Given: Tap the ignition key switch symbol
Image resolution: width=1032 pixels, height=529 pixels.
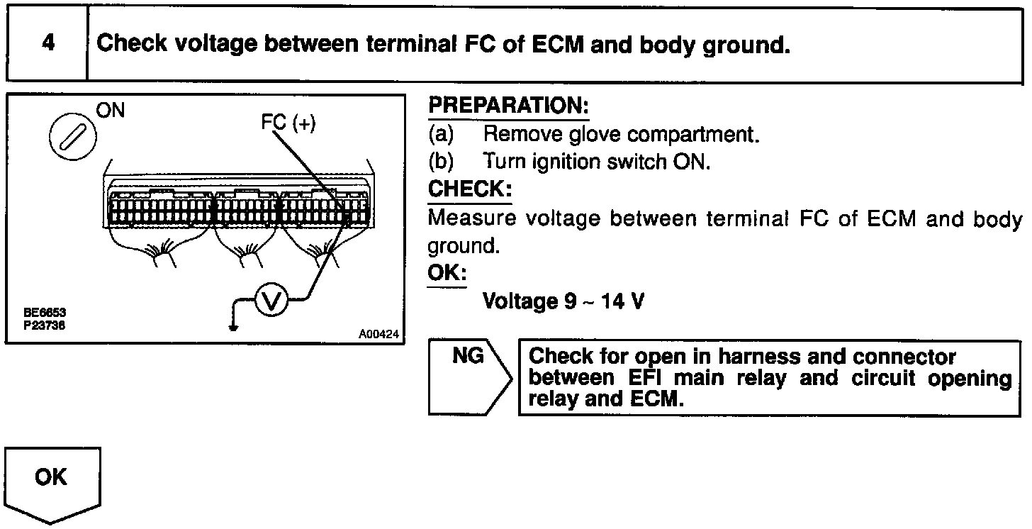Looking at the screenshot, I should [73, 134].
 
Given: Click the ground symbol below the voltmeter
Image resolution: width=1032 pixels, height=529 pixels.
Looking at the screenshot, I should [232, 326].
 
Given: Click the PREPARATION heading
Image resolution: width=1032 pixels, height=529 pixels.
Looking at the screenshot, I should [508, 107].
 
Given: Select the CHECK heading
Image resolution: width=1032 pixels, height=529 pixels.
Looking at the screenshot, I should [469, 190].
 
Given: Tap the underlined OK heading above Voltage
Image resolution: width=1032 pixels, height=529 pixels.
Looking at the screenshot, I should [447, 273].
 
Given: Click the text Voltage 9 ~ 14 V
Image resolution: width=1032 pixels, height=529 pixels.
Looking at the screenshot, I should [563, 301].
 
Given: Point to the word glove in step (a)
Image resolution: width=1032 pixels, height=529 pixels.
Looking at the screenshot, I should [597, 134].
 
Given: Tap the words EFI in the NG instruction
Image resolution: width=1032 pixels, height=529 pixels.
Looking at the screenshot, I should [646, 378].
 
